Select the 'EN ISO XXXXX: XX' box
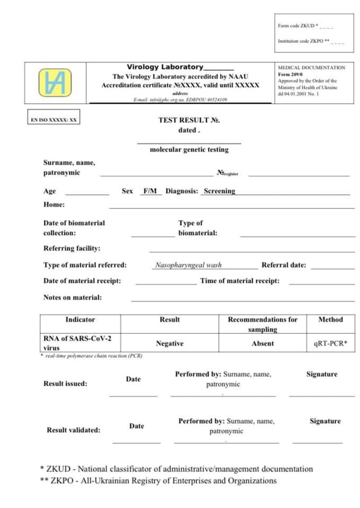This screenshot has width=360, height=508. click(54, 120)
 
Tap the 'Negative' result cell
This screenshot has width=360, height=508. click(169, 343)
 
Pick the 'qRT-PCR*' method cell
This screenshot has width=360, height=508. click(330, 343)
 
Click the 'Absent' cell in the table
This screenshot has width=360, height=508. click(263, 343)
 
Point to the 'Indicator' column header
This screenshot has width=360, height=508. click(80, 320)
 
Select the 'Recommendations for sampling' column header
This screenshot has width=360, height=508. click(263, 324)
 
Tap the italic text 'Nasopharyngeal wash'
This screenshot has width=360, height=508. click(188, 265)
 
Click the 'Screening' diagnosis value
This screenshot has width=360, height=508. click(219, 191)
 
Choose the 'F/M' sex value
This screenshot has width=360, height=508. click(150, 191)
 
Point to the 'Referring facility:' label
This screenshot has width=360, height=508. click(71, 248)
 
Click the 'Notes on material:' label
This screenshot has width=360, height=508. click(73, 297)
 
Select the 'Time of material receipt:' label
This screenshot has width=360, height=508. click(240, 281)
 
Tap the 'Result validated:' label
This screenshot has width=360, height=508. click(73, 430)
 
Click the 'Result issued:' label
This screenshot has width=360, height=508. click(65, 384)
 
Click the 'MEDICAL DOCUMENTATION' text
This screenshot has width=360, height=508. click(311, 68)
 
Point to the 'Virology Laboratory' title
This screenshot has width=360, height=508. click(165, 67)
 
